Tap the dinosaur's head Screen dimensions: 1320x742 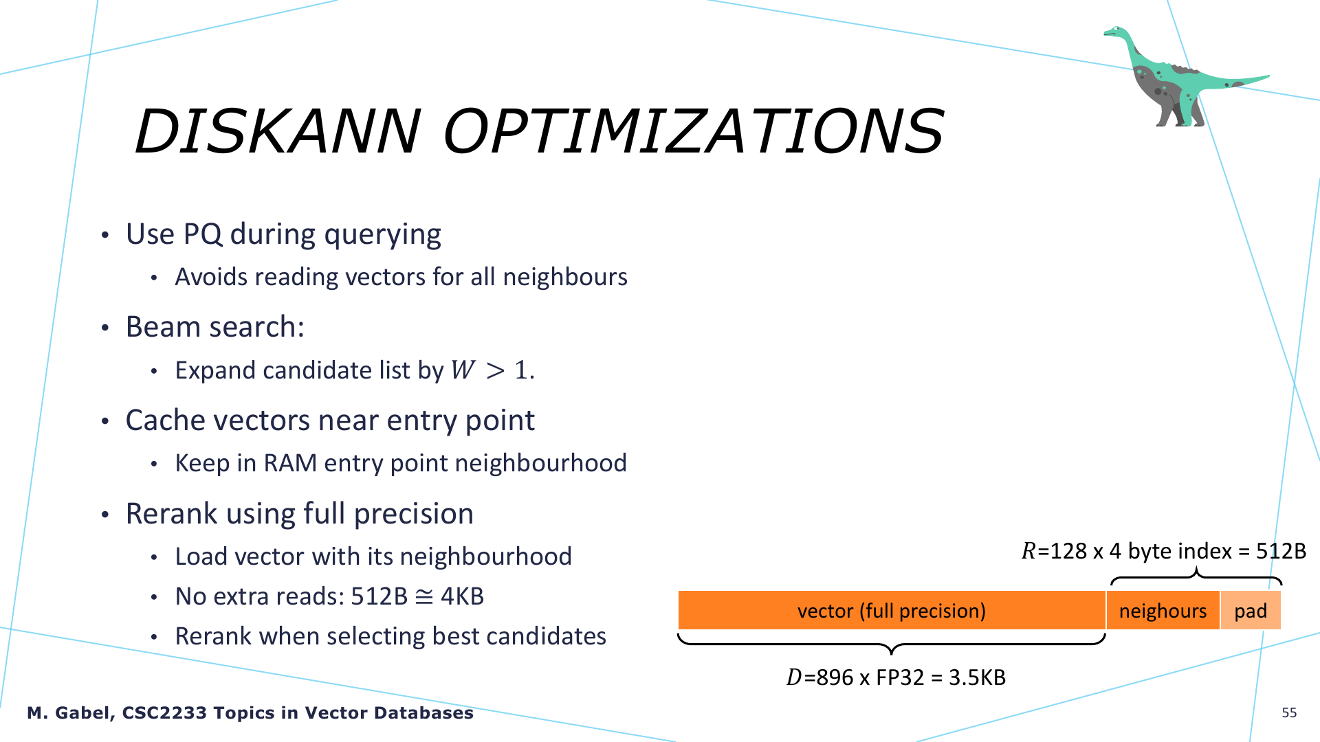tap(1115, 32)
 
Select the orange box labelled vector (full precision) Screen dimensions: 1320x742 tap(892, 610)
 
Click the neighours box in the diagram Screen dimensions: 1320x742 tap(1163, 610)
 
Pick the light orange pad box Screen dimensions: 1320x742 tap(1251, 610)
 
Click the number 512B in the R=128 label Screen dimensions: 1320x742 tap(1281, 551)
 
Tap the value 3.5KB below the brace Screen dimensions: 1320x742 tap(977, 677)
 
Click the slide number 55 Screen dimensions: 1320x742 tap(1289, 712)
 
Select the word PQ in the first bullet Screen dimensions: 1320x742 tap(203, 234)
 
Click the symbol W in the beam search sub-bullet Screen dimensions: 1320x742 tap(463, 370)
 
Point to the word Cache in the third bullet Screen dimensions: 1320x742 tap(166, 420)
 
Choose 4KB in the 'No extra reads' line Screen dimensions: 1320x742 tap(462, 596)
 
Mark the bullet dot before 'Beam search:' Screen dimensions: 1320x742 tap(105, 328)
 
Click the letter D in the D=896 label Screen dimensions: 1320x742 tap(794, 677)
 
